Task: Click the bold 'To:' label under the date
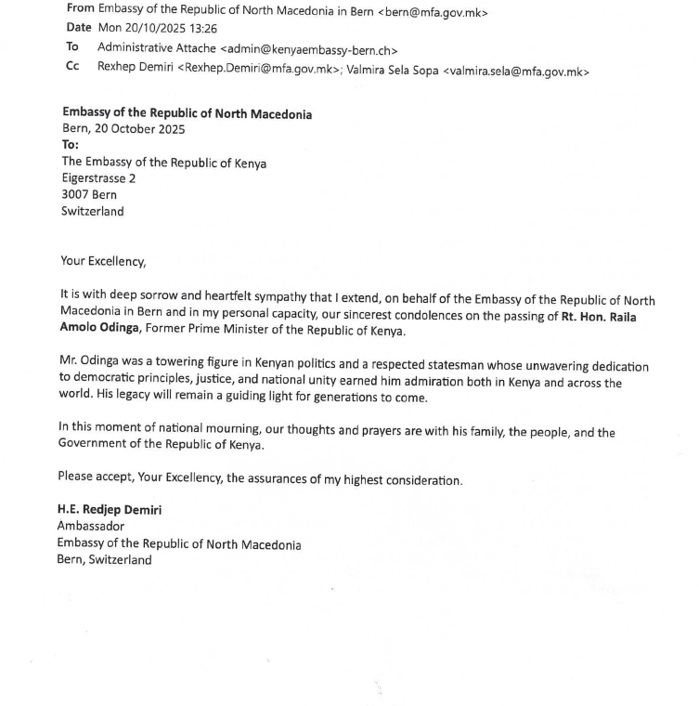(71, 146)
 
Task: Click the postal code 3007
(76, 195)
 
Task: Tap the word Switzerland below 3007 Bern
(92, 211)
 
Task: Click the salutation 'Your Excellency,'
(103, 262)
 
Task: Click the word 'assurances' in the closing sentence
(286, 479)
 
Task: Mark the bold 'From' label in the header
(81, 8)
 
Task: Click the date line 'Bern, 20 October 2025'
(123, 130)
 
